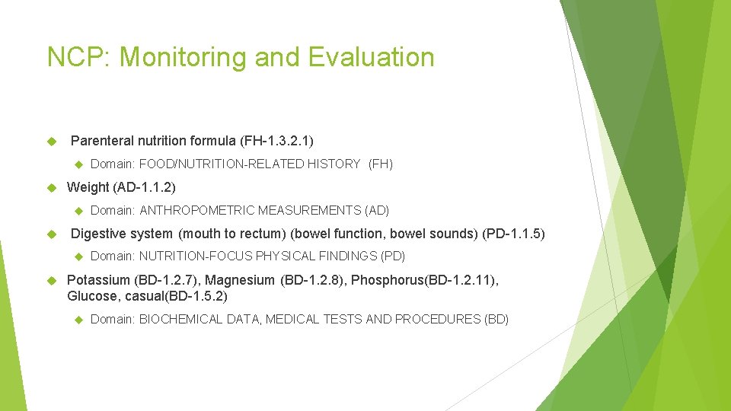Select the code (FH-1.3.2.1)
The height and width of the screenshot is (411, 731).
click(x=276, y=141)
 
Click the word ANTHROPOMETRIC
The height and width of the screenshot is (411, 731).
click(x=196, y=210)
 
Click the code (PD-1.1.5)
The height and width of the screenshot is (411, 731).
click(x=514, y=234)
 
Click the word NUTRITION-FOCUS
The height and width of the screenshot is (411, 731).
click(x=196, y=256)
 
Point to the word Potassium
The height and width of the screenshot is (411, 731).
click(x=98, y=280)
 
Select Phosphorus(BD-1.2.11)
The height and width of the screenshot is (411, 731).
click(x=425, y=280)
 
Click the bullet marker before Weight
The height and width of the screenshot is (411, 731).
click(x=53, y=187)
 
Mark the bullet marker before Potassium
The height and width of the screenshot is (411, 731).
click(x=53, y=280)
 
